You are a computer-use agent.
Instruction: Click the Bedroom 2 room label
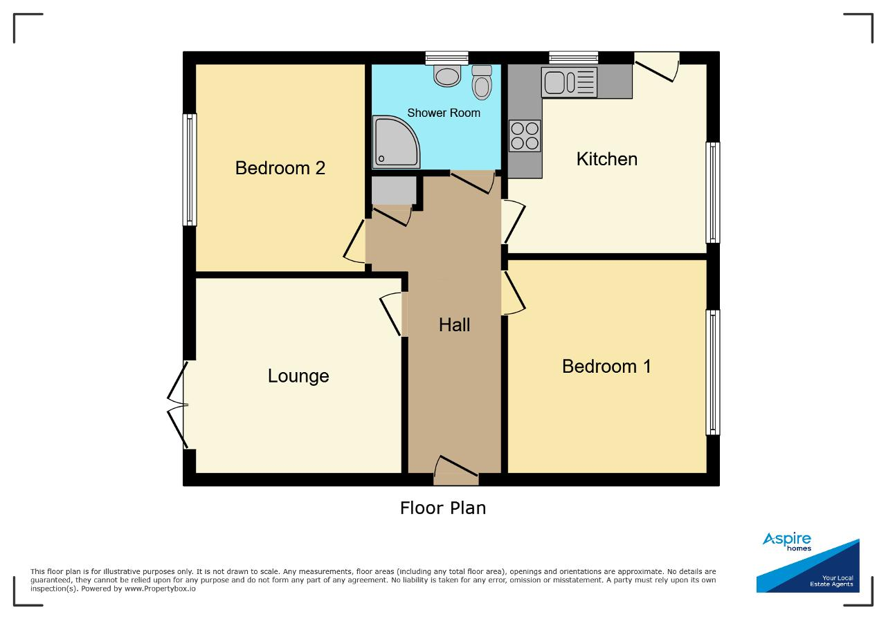(280, 168)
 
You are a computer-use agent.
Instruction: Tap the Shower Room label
(444, 113)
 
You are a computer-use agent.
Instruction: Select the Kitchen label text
(607, 159)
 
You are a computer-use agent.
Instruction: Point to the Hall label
(455, 325)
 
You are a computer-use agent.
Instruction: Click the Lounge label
(298, 376)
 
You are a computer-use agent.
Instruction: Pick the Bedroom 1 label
(606, 367)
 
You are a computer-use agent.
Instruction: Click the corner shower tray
(395, 142)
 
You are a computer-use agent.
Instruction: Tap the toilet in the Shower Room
(482, 82)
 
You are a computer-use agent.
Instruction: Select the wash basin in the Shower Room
(447, 75)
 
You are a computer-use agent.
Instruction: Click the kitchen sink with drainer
(569, 82)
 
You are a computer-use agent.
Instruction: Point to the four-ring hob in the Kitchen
(525, 136)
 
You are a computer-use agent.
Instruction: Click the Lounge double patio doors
(177, 405)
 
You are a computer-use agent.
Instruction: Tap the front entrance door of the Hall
(456, 470)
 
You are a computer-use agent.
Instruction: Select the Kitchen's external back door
(657, 67)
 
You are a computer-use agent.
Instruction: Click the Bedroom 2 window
(190, 170)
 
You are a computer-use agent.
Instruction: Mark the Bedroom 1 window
(713, 372)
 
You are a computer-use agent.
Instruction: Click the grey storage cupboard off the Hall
(394, 190)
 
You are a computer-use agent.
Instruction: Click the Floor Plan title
(443, 508)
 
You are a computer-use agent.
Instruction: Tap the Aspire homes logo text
(787, 541)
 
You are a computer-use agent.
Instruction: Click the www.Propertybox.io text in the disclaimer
(160, 589)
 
